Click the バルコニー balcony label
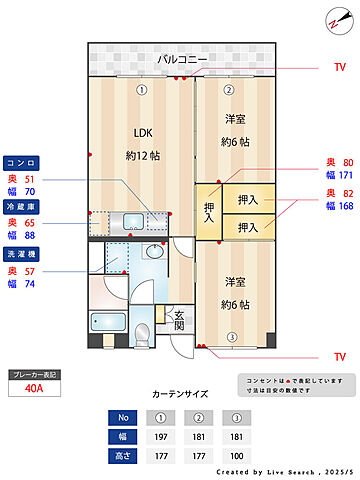182,61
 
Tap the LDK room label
143,132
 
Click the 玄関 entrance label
179,319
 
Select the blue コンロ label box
22,161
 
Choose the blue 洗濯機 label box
22,253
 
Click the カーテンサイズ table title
179,394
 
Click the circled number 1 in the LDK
142,89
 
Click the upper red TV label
339,68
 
